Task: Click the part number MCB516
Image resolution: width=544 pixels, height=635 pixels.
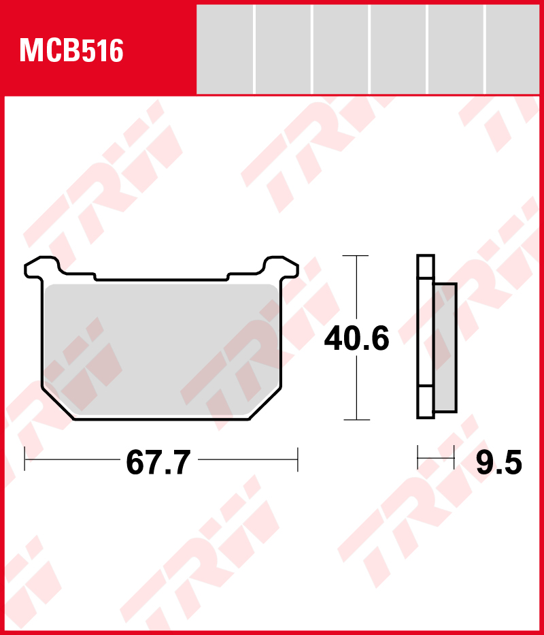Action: pyautogui.click(x=71, y=51)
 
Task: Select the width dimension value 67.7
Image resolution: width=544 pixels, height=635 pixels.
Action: pyautogui.click(x=158, y=463)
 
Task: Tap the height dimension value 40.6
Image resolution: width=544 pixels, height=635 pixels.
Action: pyautogui.click(x=356, y=338)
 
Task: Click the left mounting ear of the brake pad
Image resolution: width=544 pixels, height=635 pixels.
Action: pyautogui.click(x=41, y=267)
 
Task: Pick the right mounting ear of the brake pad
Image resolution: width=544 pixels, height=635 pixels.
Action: pyautogui.click(x=282, y=267)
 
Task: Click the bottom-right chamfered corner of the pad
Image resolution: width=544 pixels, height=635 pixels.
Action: pyautogui.click(x=265, y=404)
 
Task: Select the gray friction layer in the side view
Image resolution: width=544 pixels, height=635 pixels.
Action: pyautogui.click(x=445, y=348)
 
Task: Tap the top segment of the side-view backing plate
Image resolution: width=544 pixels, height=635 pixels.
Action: pyautogui.click(x=425, y=267)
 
